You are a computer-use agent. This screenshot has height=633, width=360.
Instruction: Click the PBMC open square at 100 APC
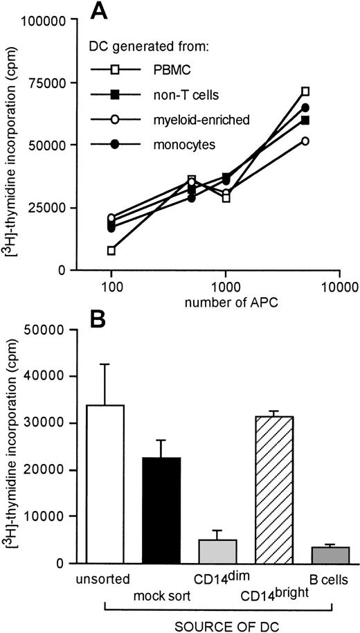(111, 250)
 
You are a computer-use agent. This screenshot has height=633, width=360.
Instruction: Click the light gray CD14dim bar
(217, 551)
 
